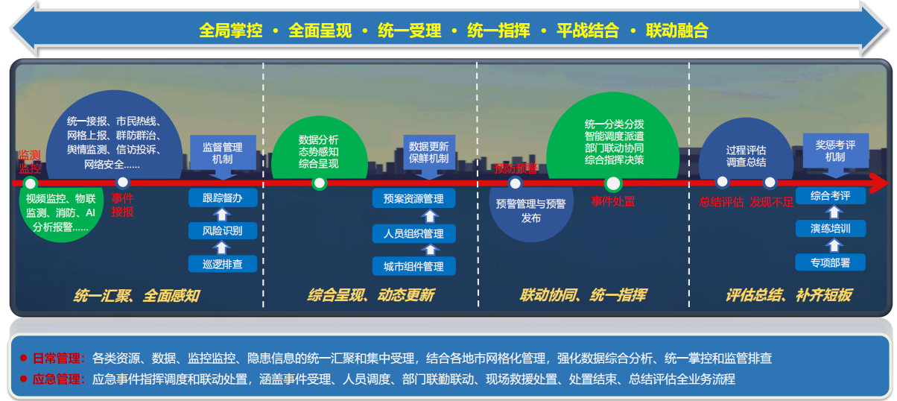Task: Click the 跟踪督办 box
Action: (223, 198)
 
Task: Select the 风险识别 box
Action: (223, 231)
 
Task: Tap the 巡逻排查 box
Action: (223, 264)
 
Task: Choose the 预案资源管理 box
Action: (413, 199)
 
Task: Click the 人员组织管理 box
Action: (413, 234)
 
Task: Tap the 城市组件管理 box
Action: (413, 266)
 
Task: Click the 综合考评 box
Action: (831, 195)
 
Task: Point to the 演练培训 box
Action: (831, 228)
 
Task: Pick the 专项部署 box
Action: (831, 262)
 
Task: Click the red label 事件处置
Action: (613, 201)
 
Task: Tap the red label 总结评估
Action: (721, 201)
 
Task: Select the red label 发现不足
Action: (772, 201)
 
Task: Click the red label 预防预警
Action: (515, 168)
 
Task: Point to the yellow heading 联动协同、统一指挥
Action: (583, 295)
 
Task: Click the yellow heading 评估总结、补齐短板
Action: (788, 295)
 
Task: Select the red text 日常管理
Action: (59, 358)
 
